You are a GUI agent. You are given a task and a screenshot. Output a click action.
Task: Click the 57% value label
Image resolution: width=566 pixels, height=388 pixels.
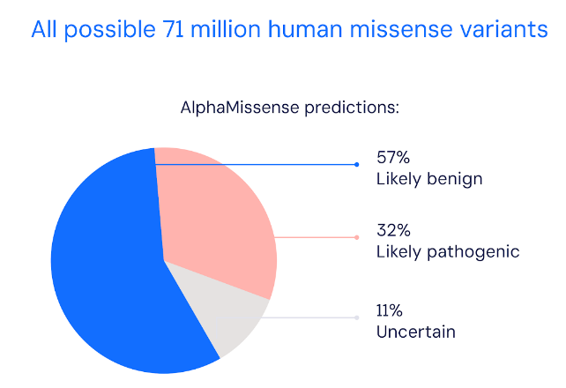(x=393, y=157)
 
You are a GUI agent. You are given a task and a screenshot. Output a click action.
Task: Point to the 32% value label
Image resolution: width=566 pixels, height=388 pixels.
(x=393, y=230)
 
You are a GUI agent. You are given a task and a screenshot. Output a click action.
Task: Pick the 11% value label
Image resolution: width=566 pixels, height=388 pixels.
(x=389, y=310)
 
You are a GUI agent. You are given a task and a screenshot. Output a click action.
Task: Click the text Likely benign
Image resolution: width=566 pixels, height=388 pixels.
(x=429, y=179)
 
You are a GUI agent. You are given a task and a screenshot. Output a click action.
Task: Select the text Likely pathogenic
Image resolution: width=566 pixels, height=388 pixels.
(x=448, y=252)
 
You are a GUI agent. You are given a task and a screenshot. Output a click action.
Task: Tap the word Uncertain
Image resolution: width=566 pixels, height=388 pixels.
(x=416, y=332)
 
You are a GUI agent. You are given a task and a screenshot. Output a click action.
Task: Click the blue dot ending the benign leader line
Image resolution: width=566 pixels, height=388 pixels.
(x=357, y=165)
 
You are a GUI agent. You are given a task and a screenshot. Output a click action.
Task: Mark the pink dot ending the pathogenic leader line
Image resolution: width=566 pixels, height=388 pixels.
(x=357, y=237)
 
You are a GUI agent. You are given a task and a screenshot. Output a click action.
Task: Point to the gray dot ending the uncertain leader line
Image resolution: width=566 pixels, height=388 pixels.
(x=357, y=317)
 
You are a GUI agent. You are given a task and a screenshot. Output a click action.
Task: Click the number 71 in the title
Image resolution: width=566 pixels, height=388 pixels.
(x=173, y=29)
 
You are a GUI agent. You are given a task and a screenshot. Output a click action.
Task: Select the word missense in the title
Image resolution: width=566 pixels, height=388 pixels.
(x=401, y=29)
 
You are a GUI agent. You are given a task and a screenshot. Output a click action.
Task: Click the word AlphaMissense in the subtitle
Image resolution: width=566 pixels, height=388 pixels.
(x=240, y=108)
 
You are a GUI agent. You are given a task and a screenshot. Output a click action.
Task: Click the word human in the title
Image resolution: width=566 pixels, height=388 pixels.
(x=305, y=29)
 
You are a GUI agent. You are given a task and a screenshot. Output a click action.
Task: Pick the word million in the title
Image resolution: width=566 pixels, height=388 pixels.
(x=225, y=29)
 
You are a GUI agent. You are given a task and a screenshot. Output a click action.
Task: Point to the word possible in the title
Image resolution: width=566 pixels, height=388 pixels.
(x=109, y=30)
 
